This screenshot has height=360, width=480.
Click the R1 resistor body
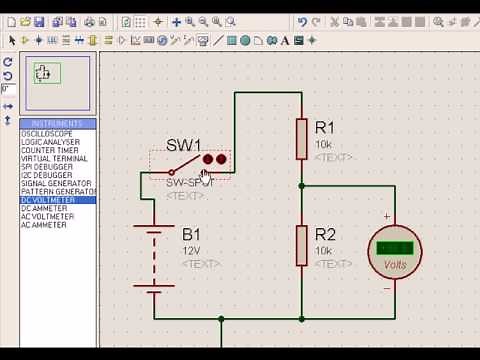tap(301, 138)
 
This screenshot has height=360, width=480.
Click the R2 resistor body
tap(301, 245)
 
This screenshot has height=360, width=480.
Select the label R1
tap(325, 128)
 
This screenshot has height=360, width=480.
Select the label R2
tap(325, 235)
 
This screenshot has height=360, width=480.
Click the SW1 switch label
tap(183, 145)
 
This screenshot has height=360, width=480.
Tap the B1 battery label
tap(191, 234)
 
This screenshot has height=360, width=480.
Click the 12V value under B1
tap(191, 250)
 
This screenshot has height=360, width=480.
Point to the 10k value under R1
tap(324, 144)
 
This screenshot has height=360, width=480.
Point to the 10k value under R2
tap(324, 251)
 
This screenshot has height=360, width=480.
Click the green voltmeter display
tap(396, 248)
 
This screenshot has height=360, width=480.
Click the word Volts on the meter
tap(396, 265)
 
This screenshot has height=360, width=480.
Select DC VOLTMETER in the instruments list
tap(47, 200)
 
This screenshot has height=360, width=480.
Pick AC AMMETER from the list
tap(44, 225)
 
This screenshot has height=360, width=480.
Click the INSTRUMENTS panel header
tap(57, 124)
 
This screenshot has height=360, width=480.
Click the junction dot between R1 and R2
tap(301, 186)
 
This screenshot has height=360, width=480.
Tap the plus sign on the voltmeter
tap(387, 217)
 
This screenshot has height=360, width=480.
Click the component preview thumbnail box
tap(47, 73)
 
